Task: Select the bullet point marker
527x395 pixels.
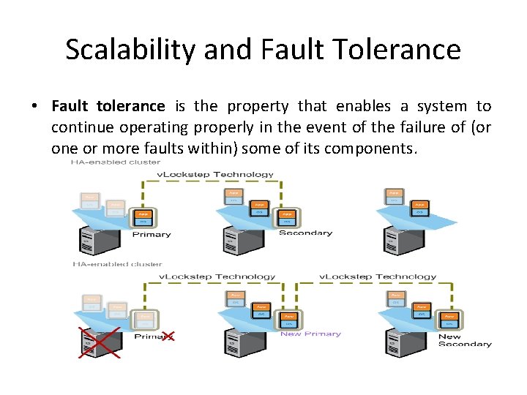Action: pyautogui.click(x=35, y=107)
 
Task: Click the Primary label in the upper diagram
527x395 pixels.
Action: pyautogui.click(x=151, y=235)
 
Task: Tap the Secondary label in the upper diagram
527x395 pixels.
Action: pyautogui.click(x=305, y=233)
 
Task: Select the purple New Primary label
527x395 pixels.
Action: pyautogui.click(x=310, y=334)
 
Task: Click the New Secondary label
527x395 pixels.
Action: pyautogui.click(x=465, y=340)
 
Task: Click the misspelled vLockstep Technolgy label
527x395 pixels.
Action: pyautogui.click(x=378, y=276)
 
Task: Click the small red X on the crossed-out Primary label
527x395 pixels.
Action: pyautogui.click(x=167, y=336)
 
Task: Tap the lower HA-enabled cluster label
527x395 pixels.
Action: pyautogui.click(x=116, y=263)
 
